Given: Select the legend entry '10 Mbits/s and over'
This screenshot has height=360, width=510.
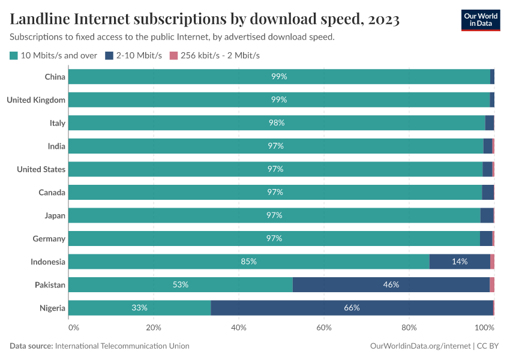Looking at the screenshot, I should point(54,56).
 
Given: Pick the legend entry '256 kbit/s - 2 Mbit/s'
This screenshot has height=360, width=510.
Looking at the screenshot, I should point(215,56).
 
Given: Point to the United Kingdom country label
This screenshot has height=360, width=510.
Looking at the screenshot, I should point(36,100).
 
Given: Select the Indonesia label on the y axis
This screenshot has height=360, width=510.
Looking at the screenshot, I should point(48,262).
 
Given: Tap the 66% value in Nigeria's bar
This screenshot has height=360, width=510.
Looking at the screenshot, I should point(352,308).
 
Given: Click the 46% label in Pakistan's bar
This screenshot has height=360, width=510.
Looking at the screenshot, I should point(391,285).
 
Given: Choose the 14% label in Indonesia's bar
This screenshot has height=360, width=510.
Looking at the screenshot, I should point(460,262).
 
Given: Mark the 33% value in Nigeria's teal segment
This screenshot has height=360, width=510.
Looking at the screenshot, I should point(139,308).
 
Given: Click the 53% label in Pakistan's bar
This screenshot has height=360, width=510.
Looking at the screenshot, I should point(181,285).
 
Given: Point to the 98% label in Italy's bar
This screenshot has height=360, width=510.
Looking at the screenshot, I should point(277,123).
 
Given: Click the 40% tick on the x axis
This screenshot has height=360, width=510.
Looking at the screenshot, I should point(239,328).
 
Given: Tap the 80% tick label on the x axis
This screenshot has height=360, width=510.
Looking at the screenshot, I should point(409,328).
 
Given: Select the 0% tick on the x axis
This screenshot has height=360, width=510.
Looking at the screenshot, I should point(73,328).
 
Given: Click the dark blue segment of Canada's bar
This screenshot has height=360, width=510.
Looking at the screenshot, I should point(488,192).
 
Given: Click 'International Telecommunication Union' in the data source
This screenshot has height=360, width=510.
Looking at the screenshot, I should point(122,346).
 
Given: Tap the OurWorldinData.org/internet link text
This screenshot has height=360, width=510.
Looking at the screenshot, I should point(420,346).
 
